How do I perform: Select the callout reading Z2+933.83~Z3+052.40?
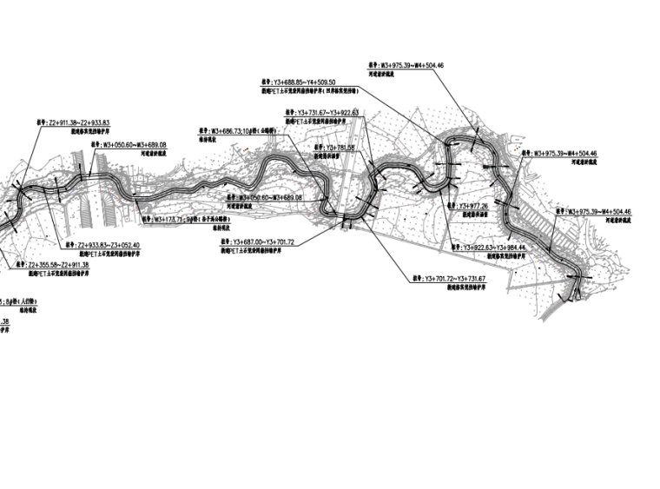(x=108, y=246)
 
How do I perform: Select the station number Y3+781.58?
(x=340, y=149)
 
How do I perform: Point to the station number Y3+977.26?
(x=473, y=206)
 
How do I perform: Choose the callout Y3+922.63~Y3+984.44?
(x=494, y=248)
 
